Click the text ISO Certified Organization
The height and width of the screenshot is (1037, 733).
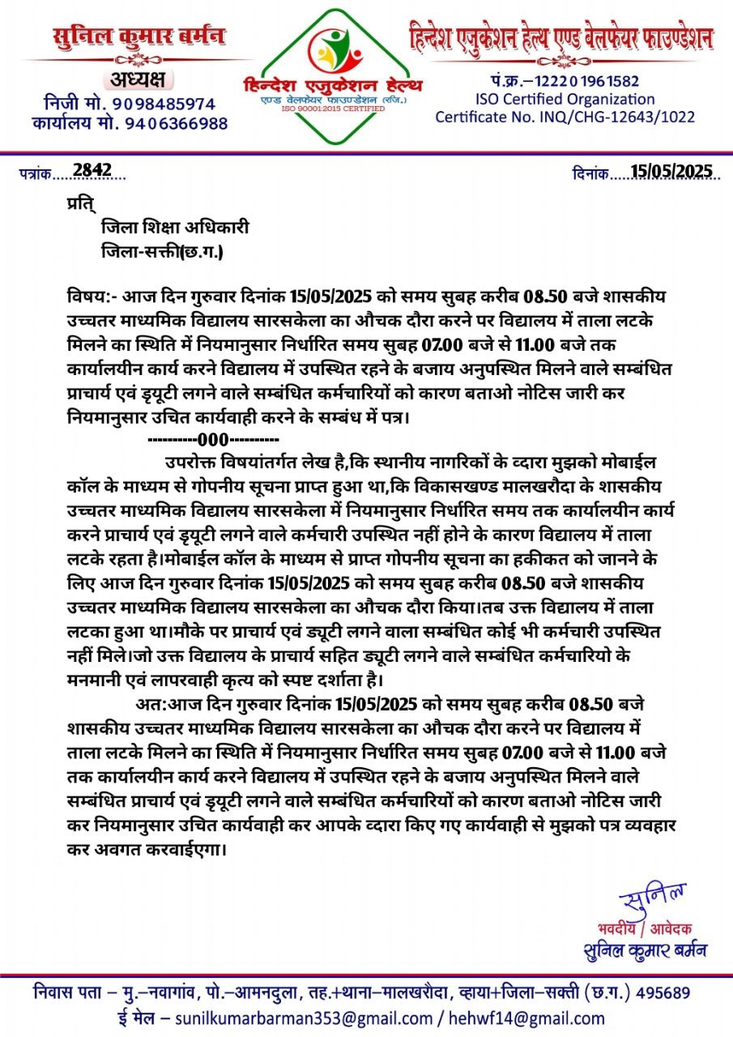coord(565,99)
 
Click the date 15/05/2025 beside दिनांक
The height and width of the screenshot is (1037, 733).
coord(671,170)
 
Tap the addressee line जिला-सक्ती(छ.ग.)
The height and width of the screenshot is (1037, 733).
coord(162,252)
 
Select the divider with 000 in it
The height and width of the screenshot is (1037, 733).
coord(214,441)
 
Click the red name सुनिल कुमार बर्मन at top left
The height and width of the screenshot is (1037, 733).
coord(139,37)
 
